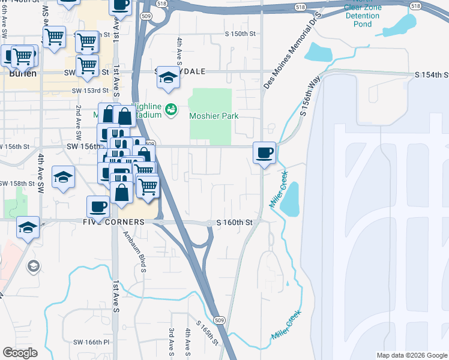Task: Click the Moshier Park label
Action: [x=214, y=116]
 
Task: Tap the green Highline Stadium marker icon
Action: [x=171, y=110]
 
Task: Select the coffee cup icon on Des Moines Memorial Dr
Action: [x=264, y=152]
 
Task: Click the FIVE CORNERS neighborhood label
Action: [x=115, y=222]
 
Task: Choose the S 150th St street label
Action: [x=240, y=34]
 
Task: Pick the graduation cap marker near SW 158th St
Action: [x=63, y=178]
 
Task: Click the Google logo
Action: [x=20, y=353]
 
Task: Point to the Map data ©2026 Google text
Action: [x=411, y=355]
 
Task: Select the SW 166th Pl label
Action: [x=91, y=342]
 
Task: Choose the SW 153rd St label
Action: [x=90, y=91]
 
